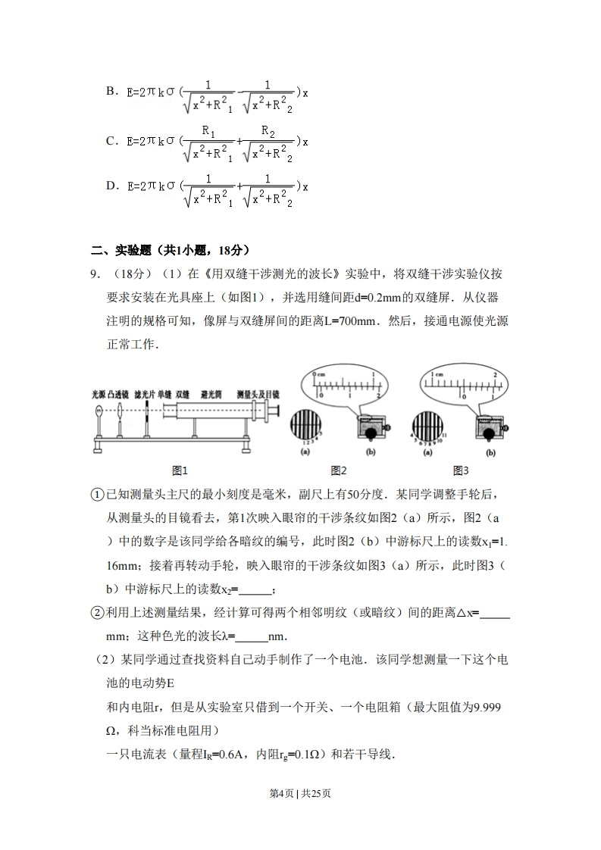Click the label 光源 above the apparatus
[99, 395]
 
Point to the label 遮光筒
[211, 395]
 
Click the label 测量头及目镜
[258, 395]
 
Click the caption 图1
[180, 470]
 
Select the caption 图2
[339, 470]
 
